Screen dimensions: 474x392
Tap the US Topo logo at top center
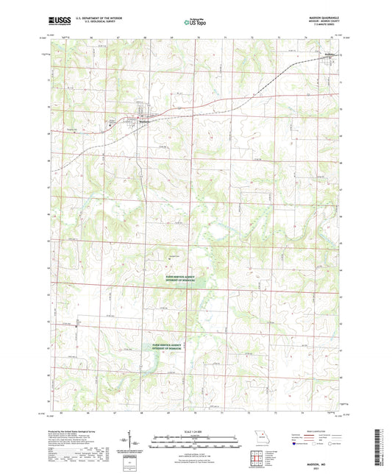tap(195, 22)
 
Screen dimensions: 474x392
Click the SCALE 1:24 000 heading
tap(196, 431)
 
